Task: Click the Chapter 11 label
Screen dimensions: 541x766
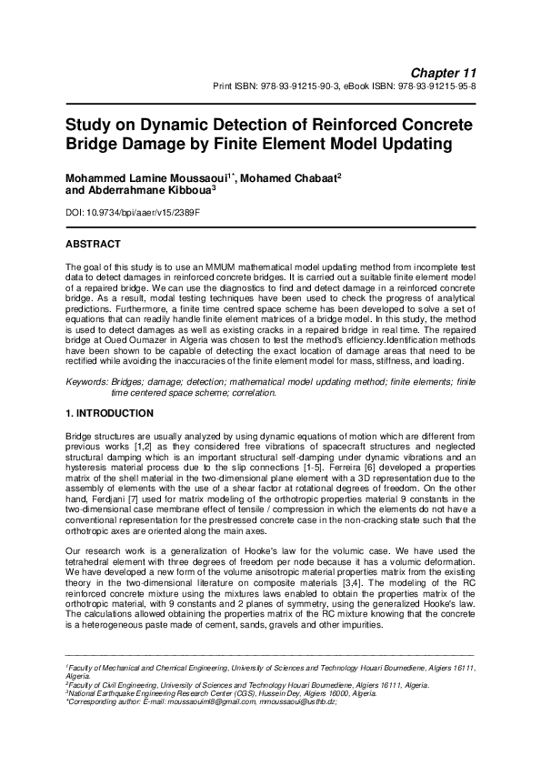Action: [444, 71]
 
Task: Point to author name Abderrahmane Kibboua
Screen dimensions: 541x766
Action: [145, 191]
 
